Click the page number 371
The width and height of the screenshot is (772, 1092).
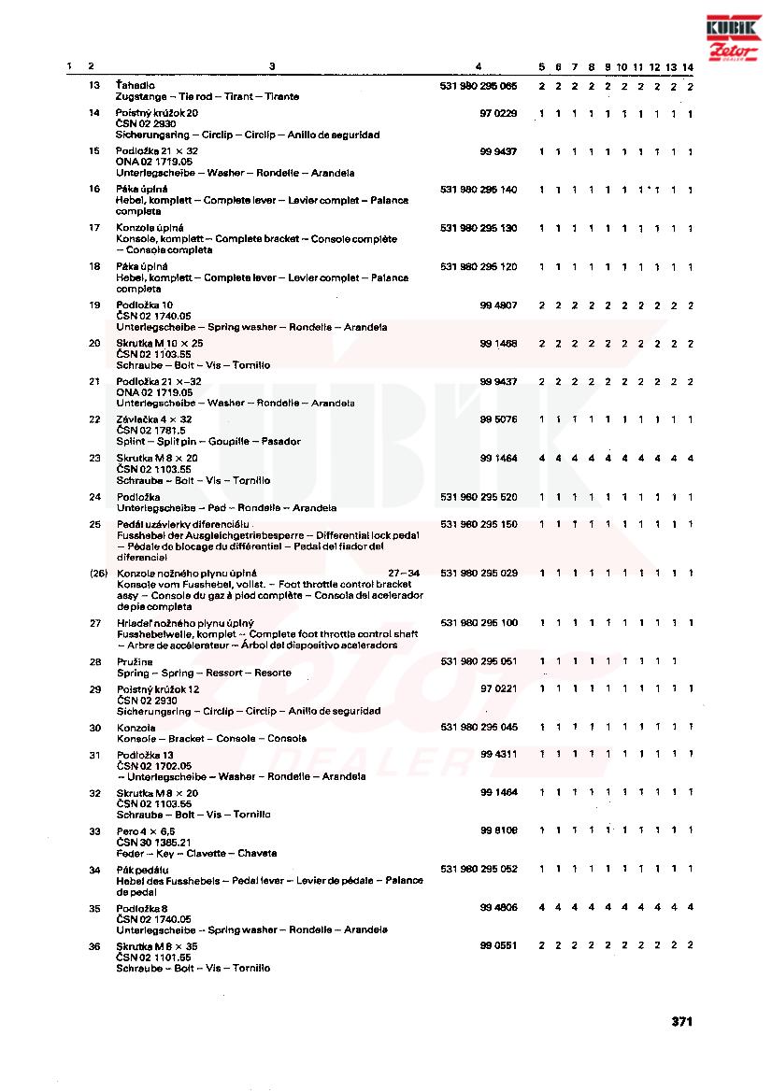click(x=681, y=1021)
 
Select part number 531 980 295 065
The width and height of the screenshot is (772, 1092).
click(x=478, y=86)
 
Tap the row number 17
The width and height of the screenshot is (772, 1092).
click(x=94, y=228)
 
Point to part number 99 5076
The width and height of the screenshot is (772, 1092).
click(x=498, y=419)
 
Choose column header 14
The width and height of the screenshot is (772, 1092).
click(x=688, y=66)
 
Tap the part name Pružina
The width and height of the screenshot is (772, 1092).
click(x=132, y=661)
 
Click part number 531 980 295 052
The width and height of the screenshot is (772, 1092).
click(x=478, y=869)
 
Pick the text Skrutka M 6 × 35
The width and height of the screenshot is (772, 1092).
click(x=157, y=946)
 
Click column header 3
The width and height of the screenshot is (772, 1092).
click(x=272, y=66)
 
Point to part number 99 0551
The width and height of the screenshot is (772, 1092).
click(x=498, y=946)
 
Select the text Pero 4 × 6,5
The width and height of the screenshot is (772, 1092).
click(x=146, y=830)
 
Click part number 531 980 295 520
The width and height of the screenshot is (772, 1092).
click(x=478, y=497)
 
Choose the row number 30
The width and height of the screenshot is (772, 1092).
click(x=94, y=727)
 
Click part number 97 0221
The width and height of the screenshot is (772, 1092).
click(x=498, y=688)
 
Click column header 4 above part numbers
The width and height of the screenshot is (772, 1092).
click(x=478, y=66)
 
